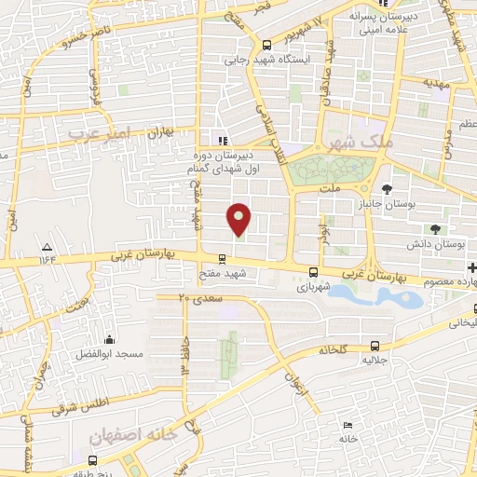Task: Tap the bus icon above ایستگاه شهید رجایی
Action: (267, 45)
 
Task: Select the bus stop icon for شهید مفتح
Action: (222, 260)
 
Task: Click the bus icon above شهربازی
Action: (312, 273)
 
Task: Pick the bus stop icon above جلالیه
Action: (375, 344)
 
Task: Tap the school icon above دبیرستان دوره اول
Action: (222, 141)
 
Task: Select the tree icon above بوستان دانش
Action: (435, 230)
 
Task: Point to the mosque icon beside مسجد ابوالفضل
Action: (110, 340)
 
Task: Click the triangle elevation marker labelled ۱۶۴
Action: (47, 247)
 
